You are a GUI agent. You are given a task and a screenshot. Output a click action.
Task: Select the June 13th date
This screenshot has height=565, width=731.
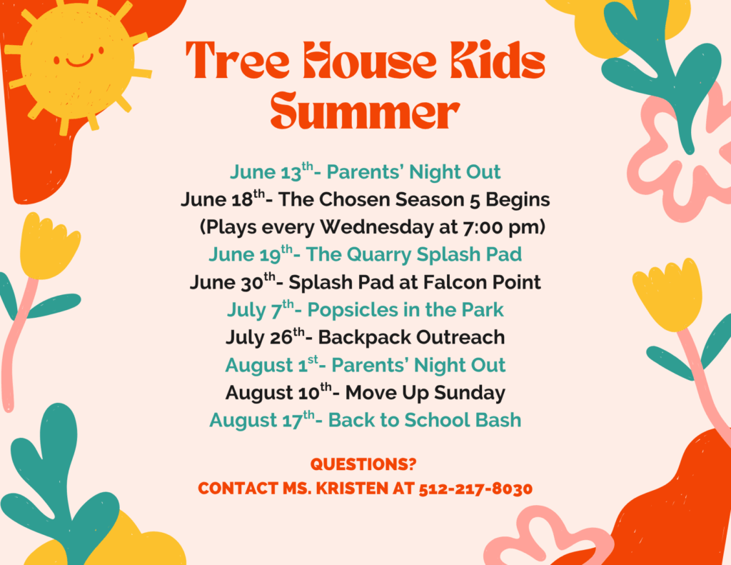pos(271,171)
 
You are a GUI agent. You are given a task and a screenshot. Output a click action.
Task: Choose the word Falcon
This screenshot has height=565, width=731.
pos(452,282)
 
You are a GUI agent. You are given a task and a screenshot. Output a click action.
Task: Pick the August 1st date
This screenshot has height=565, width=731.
pos(272,364)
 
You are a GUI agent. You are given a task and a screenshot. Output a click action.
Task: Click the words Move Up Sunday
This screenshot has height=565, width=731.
pos(425,393)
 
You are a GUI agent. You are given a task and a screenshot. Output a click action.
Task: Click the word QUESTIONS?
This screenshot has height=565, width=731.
pos(363,464)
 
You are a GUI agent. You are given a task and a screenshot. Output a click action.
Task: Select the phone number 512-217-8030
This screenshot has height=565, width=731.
pos(475,489)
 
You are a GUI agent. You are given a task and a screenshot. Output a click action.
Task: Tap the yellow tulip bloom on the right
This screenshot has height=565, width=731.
pos(668,295)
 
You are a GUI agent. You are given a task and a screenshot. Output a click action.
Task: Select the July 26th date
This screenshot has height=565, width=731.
pos(265,337)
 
